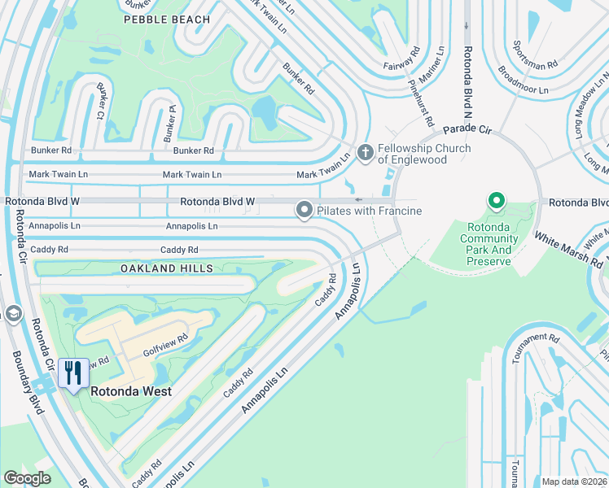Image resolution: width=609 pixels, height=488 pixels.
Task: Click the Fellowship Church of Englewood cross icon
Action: tap(366, 152)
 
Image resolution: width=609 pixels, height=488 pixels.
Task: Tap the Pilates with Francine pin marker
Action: tap(304, 211)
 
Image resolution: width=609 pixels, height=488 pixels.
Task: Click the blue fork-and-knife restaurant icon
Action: tap(73, 373)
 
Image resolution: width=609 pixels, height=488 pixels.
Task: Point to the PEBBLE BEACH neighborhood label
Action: tap(167, 20)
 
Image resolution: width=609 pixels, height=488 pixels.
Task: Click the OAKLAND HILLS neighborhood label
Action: tap(167, 268)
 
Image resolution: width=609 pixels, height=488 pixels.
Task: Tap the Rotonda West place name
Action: tap(131, 391)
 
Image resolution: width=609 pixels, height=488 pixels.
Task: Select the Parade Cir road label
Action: tap(468, 129)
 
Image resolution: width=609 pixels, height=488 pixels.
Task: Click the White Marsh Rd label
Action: tap(568, 250)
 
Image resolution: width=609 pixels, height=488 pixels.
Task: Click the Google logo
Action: tap(28, 477)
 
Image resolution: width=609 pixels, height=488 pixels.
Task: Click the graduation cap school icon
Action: tap(12, 314)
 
